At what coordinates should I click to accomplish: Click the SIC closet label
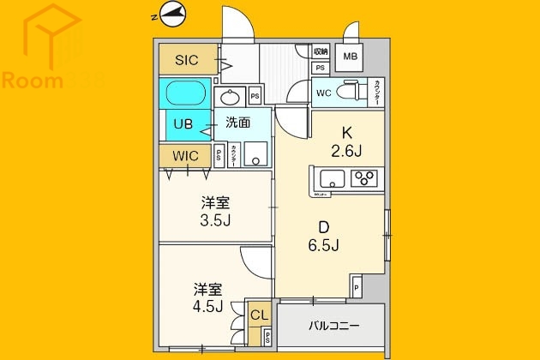coord(187,60)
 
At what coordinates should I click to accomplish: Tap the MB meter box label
coord(351,57)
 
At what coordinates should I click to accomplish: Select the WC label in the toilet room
coord(324,92)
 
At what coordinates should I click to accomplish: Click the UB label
coord(183,123)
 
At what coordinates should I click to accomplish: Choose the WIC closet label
coord(185,156)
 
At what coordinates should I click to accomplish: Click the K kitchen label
coord(348,133)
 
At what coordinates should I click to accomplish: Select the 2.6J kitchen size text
coord(348,152)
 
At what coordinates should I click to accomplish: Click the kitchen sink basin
coord(333,178)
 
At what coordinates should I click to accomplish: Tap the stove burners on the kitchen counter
coord(364,178)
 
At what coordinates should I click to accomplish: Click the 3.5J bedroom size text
coord(216,220)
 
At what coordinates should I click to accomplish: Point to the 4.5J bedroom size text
coord(209,305)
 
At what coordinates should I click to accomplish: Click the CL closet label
coord(258,315)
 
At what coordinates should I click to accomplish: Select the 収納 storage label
coord(320,52)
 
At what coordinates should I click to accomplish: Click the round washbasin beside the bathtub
coord(230,96)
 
